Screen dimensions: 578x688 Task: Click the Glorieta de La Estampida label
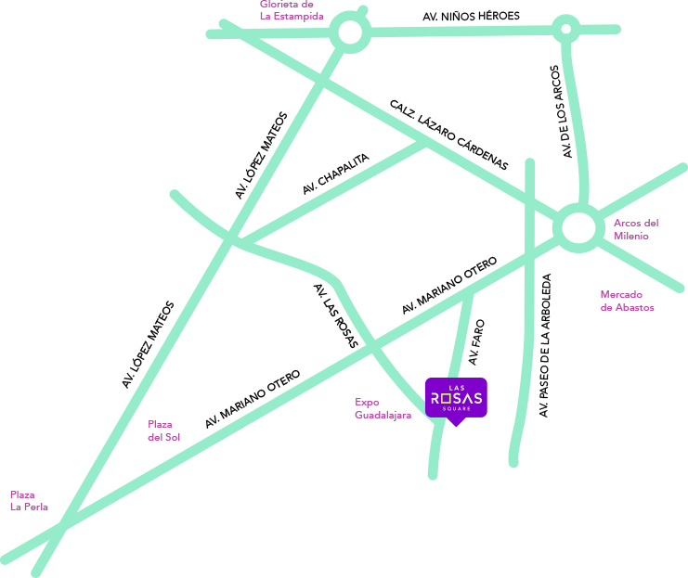pyautogui.click(x=291, y=10)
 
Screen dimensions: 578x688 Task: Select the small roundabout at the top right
pyautogui.click(x=565, y=29)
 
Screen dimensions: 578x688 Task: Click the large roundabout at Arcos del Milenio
pyautogui.click(x=578, y=227)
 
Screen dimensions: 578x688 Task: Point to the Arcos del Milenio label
pyautogui.click(x=636, y=229)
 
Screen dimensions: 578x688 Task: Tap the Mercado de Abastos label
pyautogui.click(x=627, y=301)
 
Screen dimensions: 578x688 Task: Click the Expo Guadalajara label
pyautogui.click(x=383, y=408)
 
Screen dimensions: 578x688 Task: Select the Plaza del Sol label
pyautogui.click(x=164, y=430)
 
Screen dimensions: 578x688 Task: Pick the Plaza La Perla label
pyautogui.click(x=29, y=501)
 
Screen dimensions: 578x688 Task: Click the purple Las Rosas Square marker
pyautogui.click(x=456, y=397)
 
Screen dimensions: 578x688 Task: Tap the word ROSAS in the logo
pyautogui.click(x=456, y=398)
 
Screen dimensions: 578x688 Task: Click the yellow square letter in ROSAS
pyautogui.click(x=448, y=398)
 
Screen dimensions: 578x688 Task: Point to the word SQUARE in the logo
pyautogui.click(x=456, y=409)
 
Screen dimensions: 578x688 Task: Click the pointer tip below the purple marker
pyautogui.click(x=455, y=425)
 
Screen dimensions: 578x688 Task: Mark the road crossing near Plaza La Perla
pyautogui.click(x=64, y=526)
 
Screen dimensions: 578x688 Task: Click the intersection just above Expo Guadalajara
pyautogui.click(x=373, y=346)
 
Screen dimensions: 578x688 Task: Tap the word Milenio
pyautogui.click(x=631, y=236)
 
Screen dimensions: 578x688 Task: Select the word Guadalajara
pyautogui.click(x=383, y=415)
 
